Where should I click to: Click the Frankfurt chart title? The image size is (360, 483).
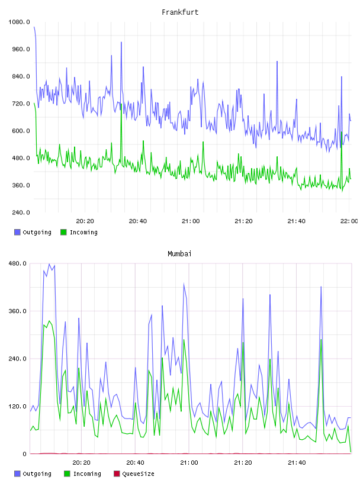tap(180, 12)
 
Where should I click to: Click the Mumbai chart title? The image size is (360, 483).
tap(179, 254)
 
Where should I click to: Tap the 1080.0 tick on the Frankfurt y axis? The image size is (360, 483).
tap(19, 22)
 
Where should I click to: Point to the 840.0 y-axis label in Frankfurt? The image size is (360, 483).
tap(21, 76)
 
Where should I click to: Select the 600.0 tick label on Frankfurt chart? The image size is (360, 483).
tap(21, 131)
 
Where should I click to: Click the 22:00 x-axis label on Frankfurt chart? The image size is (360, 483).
tap(349, 221)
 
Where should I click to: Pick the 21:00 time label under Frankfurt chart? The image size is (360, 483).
tap(191, 221)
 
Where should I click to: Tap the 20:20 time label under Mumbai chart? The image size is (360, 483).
tap(81, 463)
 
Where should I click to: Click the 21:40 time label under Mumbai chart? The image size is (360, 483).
tap(297, 463)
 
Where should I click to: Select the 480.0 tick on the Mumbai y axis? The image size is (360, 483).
tap(17, 263)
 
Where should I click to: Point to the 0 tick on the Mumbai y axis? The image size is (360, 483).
tap(24, 454)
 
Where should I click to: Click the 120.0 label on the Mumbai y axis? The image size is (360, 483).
tap(17, 406)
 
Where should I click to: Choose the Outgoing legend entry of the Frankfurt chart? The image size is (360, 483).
tap(33, 232)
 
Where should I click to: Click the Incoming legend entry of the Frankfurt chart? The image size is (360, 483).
tap(79, 232)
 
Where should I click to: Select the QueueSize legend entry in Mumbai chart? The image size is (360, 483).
tap(134, 474)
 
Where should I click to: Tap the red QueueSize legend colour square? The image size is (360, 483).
tap(117, 474)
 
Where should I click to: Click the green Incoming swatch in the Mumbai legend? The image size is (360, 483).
tap(67, 474)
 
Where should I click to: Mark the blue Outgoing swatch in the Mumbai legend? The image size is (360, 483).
tap(17, 474)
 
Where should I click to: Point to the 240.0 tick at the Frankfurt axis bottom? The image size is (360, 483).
tap(21, 212)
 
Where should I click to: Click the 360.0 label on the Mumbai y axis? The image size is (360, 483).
tap(17, 311)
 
